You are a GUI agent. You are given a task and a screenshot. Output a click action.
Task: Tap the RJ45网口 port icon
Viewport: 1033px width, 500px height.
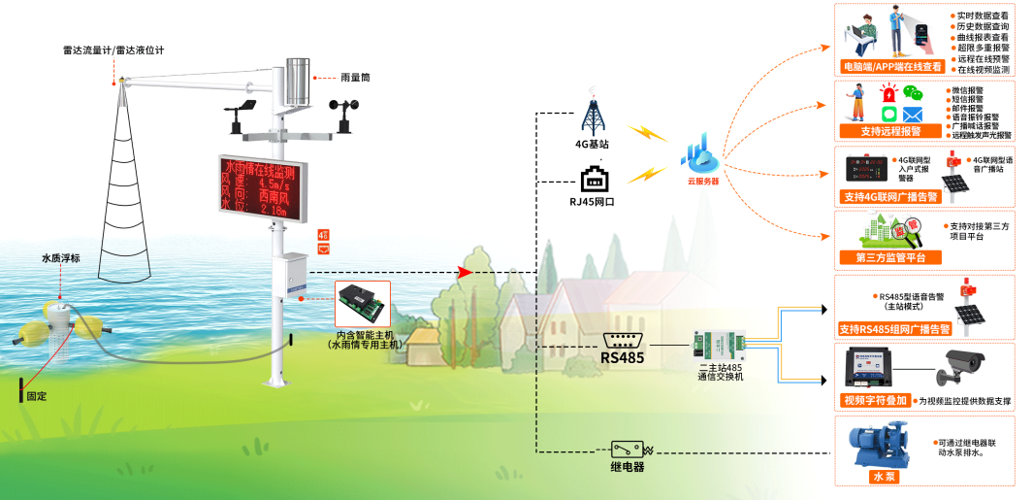coord(593,181)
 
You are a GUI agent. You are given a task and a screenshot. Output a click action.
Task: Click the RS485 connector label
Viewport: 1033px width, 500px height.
coord(622,356)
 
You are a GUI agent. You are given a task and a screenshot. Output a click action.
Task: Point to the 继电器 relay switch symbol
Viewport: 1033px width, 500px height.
coord(629,450)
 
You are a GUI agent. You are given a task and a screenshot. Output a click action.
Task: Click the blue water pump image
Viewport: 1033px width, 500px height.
coord(879,445)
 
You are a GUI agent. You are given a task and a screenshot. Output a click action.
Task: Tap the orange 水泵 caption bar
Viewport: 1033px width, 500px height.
coord(878,478)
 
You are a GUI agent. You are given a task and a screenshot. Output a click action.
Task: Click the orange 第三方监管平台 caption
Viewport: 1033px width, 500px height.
coord(890,257)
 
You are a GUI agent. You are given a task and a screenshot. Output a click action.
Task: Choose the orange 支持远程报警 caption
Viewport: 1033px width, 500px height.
coord(890,131)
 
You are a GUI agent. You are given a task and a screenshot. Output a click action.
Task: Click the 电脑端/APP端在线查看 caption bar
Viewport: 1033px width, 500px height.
coord(890,67)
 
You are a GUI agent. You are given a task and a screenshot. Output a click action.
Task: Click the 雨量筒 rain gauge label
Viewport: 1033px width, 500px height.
coord(355,77)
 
